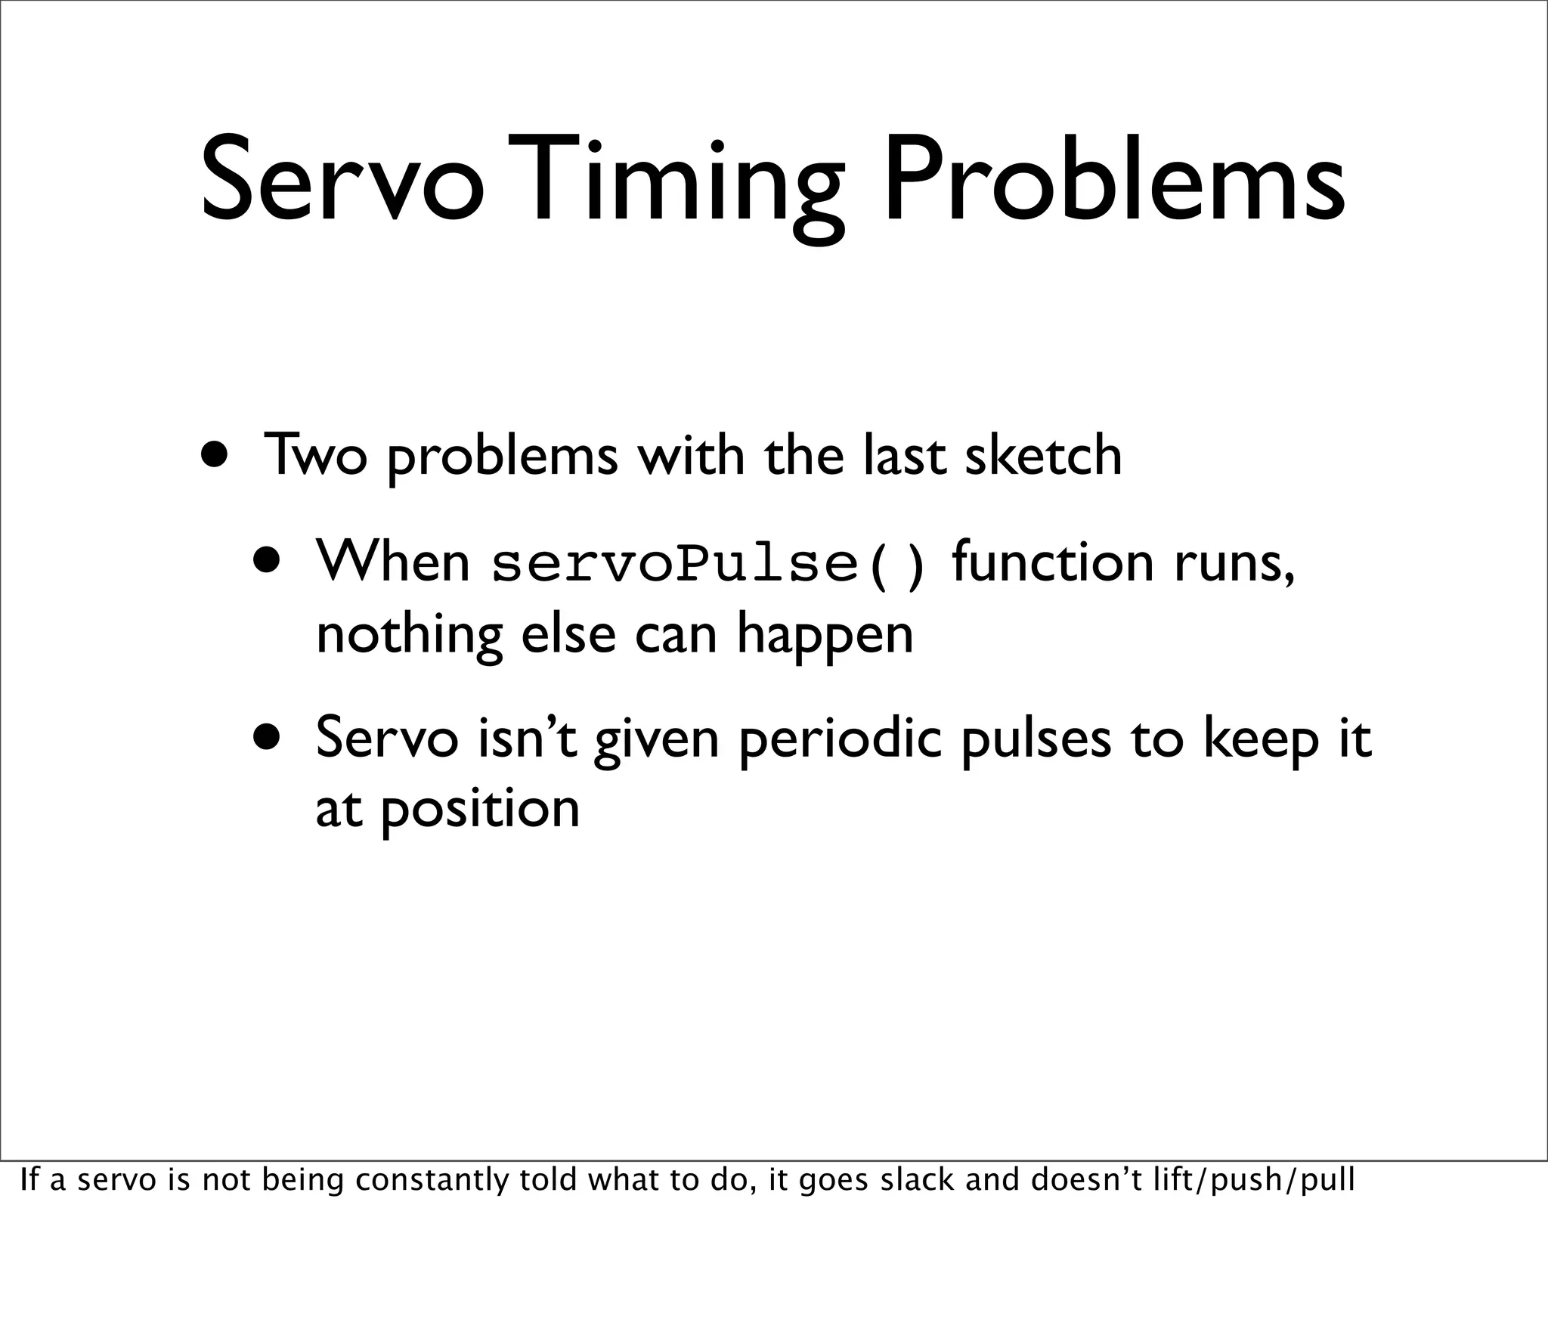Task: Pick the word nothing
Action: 409,634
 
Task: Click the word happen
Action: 825,636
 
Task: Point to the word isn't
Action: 528,738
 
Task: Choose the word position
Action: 479,810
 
